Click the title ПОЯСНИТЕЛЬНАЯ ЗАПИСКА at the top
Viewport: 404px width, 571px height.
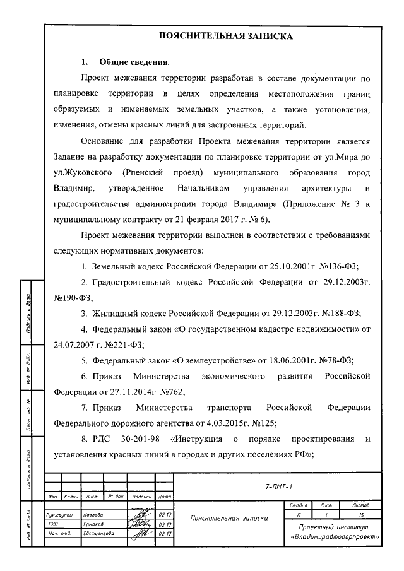click(224, 36)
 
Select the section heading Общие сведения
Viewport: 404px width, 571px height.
click(134, 62)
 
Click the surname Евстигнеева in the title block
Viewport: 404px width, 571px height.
click(98, 533)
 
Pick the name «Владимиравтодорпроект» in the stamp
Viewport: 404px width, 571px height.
click(335, 537)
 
